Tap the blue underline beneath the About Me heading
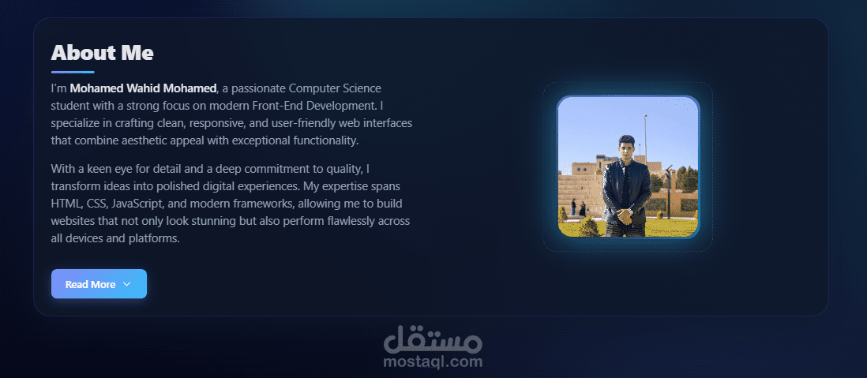[73, 72]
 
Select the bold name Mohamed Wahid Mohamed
[143, 88]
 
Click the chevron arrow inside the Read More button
[126, 284]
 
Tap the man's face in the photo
[626, 149]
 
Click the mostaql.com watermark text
[433, 362]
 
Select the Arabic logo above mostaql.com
[433, 340]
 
